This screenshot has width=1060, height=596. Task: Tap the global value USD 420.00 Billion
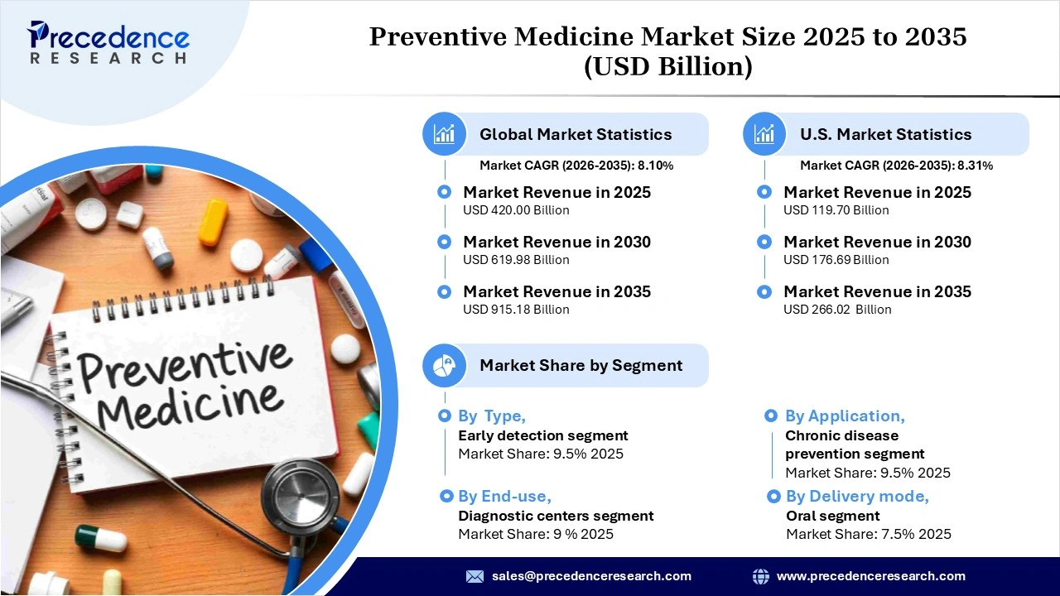[516, 210]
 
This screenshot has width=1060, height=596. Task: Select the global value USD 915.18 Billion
[516, 310]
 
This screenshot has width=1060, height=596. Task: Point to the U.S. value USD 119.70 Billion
[836, 210]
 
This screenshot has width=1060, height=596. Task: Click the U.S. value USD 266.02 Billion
[837, 310]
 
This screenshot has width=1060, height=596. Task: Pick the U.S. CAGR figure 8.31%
[976, 166]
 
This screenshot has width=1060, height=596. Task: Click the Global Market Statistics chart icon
[445, 134]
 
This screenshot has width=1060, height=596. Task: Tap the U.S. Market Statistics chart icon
[764, 134]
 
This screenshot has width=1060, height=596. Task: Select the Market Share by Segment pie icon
[445, 365]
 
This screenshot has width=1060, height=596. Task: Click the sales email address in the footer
[591, 576]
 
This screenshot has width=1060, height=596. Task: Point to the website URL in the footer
[870, 576]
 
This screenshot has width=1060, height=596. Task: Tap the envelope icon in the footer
[475, 576]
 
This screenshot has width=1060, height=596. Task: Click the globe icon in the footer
[760, 576]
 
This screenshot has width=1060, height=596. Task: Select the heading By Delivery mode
[857, 497]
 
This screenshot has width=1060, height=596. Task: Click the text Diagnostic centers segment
[556, 516]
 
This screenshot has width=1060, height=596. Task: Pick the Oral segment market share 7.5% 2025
[869, 534]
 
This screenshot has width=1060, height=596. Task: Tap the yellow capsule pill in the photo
[213, 221]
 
